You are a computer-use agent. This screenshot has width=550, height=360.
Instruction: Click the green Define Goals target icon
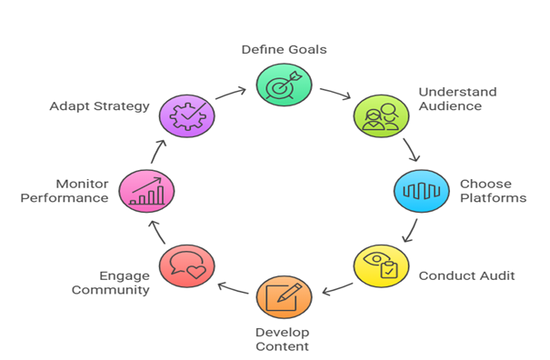283,84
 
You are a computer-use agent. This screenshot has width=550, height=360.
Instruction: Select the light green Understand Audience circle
380,116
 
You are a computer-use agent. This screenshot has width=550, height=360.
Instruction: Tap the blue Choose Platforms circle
421,191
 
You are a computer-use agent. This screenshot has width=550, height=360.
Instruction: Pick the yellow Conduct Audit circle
380,265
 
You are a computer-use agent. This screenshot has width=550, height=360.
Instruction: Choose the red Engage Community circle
186,265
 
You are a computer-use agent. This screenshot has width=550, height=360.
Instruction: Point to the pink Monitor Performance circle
146,191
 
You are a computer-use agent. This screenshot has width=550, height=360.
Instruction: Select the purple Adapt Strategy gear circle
186,116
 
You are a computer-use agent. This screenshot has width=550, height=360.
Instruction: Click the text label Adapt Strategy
99,106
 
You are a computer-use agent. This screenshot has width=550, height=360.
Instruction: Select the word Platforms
493,198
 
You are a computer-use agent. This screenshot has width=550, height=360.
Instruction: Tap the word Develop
283,333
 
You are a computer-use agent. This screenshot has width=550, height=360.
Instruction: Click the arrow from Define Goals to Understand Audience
336,94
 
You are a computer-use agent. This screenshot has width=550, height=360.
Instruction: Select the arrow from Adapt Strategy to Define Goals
231,93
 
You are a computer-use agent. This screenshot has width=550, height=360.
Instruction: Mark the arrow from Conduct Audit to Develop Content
336,289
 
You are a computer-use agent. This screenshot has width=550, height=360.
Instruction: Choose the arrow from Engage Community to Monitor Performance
159,232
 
